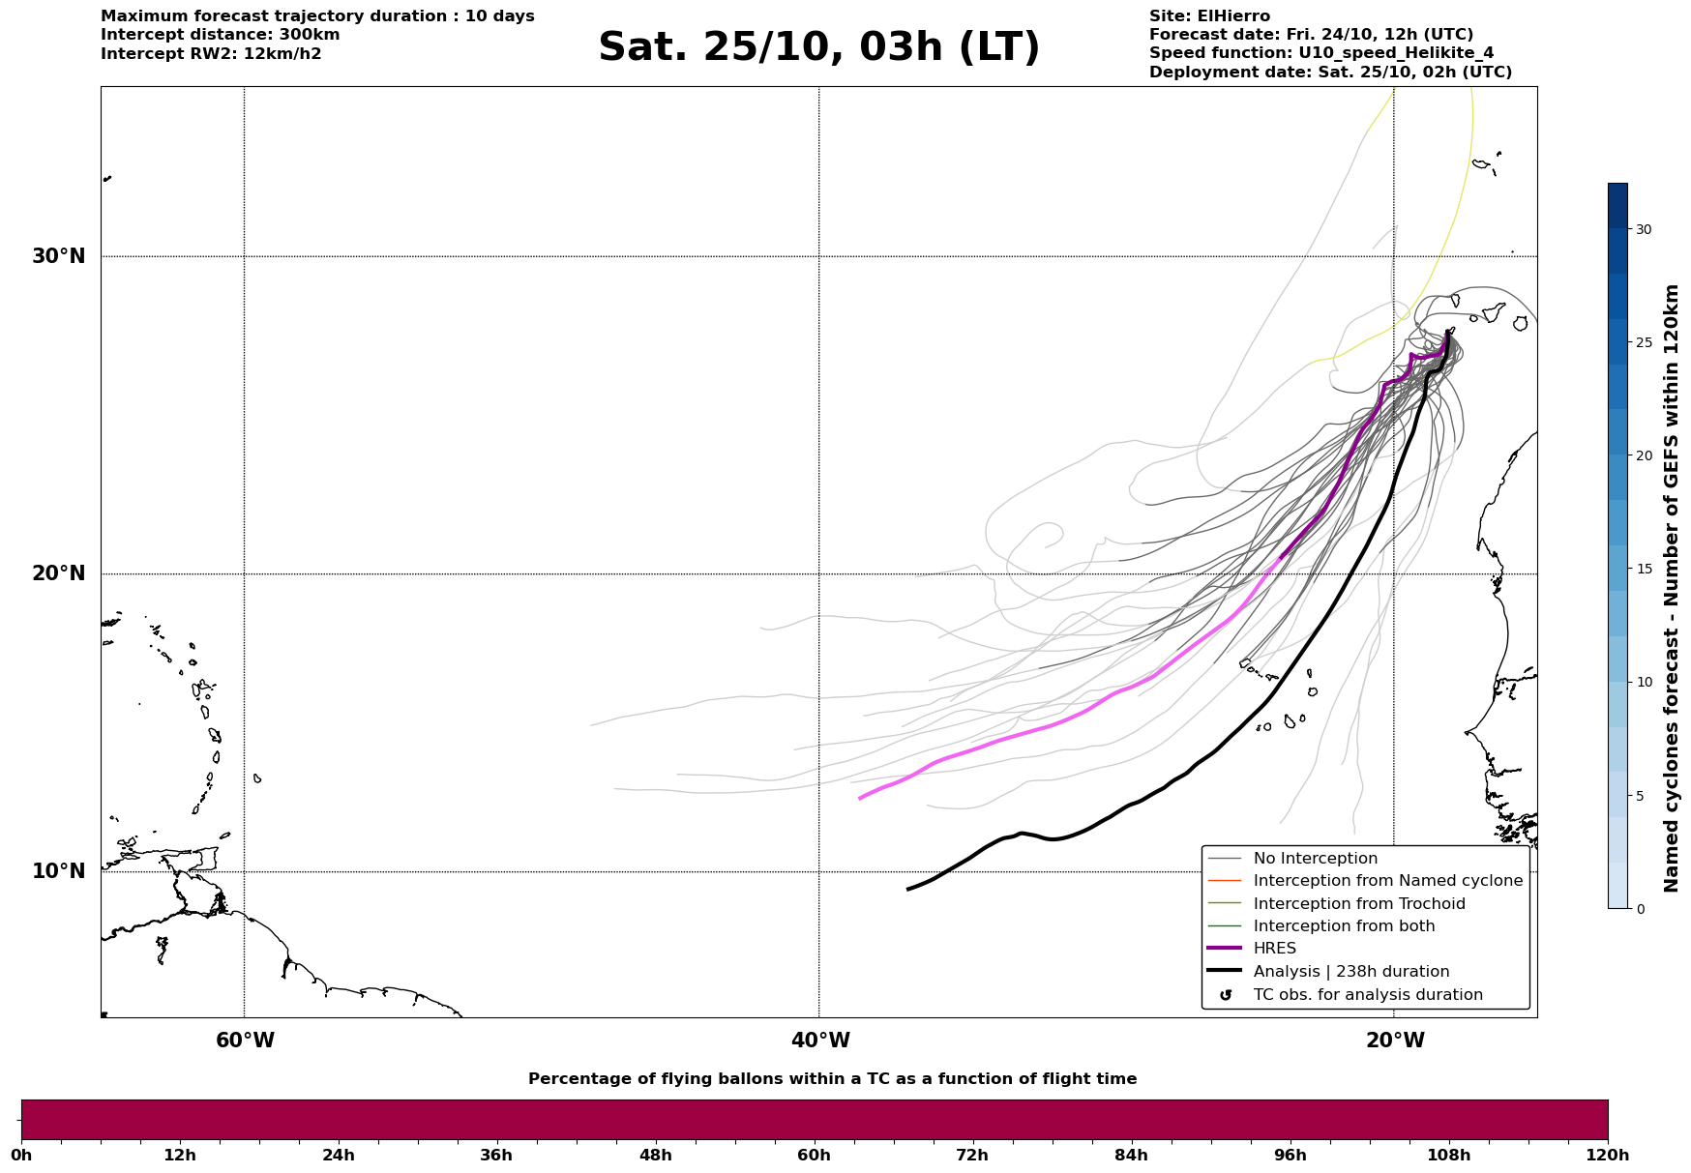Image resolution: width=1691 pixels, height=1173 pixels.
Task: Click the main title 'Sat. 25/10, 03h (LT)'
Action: (818, 47)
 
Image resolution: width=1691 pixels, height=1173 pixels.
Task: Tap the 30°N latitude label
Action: (58, 256)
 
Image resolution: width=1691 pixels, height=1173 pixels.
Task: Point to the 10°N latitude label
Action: (58, 871)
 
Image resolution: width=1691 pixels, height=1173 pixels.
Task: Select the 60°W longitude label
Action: (245, 1041)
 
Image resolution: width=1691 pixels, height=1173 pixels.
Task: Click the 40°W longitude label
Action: (820, 1041)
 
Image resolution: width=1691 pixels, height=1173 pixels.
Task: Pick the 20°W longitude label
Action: (1395, 1041)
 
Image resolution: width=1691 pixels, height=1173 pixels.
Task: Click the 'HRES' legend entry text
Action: (1274, 949)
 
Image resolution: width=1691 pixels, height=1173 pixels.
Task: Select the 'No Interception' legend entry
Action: (1315, 859)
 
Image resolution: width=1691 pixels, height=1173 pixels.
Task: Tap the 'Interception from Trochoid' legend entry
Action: (1358, 904)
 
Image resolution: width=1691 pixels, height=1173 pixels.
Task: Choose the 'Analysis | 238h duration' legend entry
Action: (1350, 972)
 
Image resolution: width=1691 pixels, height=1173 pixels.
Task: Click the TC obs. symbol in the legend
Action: (1226, 995)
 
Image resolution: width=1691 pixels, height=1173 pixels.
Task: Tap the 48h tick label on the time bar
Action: (655, 1155)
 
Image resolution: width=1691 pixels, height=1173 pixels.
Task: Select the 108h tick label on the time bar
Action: (1448, 1155)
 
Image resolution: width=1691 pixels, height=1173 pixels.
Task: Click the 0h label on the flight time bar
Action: (21, 1155)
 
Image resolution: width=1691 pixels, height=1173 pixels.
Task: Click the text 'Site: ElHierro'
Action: (1209, 16)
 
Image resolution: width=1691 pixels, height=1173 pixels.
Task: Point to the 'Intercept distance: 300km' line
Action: (220, 35)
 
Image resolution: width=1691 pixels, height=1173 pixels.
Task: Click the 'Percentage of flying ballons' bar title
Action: (832, 1079)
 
